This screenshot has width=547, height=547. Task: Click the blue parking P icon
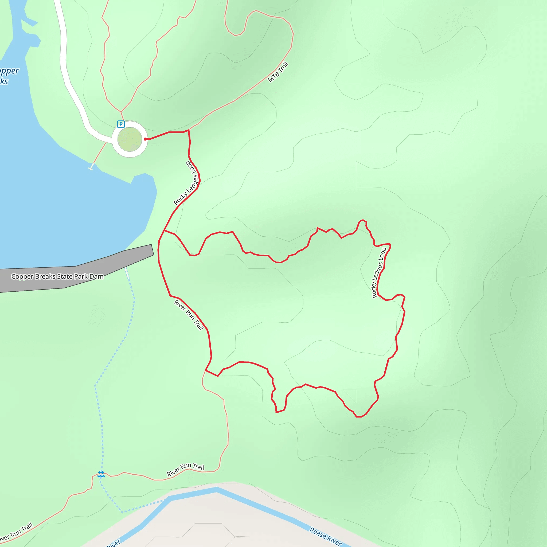tap(121, 124)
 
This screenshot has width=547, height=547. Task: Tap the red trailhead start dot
tap(145, 139)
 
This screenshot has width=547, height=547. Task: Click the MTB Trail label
tap(278, 72)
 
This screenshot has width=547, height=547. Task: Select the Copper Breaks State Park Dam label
tap(57, 276)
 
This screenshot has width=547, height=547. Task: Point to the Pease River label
tap(326, 536)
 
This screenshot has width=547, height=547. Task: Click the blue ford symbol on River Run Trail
tap(101, 474)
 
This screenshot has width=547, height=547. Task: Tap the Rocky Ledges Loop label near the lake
tap(186, 183)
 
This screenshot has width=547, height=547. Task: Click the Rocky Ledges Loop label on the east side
tap(379, 273)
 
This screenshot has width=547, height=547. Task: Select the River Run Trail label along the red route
tap(189, 315)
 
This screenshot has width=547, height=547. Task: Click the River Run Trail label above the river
tap(185, 470)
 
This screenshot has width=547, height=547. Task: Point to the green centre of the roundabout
tap(130, 139)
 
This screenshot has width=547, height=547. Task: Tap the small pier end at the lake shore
tap(91, 169)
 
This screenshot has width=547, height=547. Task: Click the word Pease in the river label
tap(318, 533)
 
